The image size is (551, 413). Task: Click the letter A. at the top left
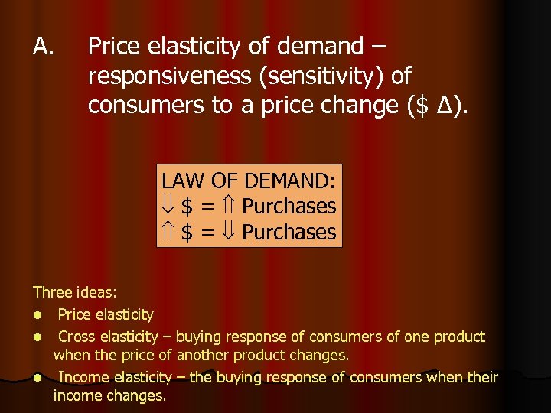click(43, 47)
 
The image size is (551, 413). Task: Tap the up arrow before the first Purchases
click(230, 206)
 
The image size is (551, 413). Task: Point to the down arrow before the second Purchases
click(230, 232)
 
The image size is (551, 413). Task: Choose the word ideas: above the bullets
click(95, 291)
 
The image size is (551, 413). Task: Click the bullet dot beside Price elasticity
click(37, 315)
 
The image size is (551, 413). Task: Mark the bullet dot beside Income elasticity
click(37, 378)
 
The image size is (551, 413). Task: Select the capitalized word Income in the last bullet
click(83, 377)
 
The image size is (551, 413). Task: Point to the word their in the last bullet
click(483, 377)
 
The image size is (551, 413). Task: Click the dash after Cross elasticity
click(178, 337)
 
